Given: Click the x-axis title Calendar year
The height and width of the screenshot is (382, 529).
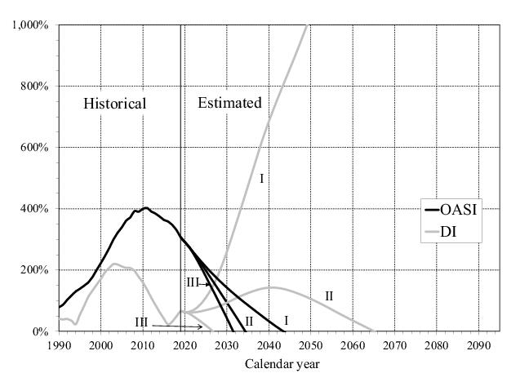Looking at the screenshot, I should pyautogui.click(x=278, y=364).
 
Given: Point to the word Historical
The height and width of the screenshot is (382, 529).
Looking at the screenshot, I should pyautogui.click(x=115, y=104).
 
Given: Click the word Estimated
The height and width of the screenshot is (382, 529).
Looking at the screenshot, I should pyautogui.click(x=229, y=103).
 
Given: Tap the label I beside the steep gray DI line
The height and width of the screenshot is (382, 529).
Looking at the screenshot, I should pyautogui.click(x=261, y=177).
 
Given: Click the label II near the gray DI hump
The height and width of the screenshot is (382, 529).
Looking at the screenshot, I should pyautogui.click(x=329, y=295).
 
